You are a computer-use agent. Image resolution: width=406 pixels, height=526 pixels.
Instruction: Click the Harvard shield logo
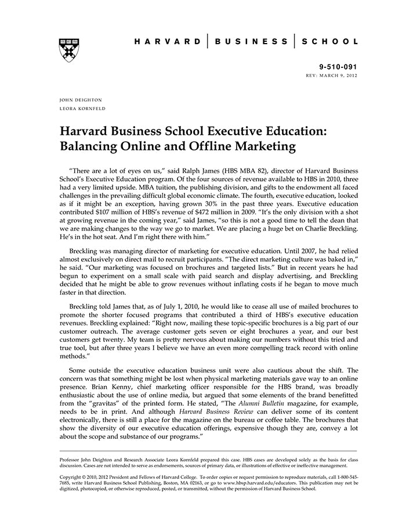click(x=69, y=49)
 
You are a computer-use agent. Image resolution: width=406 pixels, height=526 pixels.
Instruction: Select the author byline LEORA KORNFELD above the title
click(x=82, y=108)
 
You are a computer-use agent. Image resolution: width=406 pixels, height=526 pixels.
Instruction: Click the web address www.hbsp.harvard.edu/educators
click(x=249, y=482)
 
